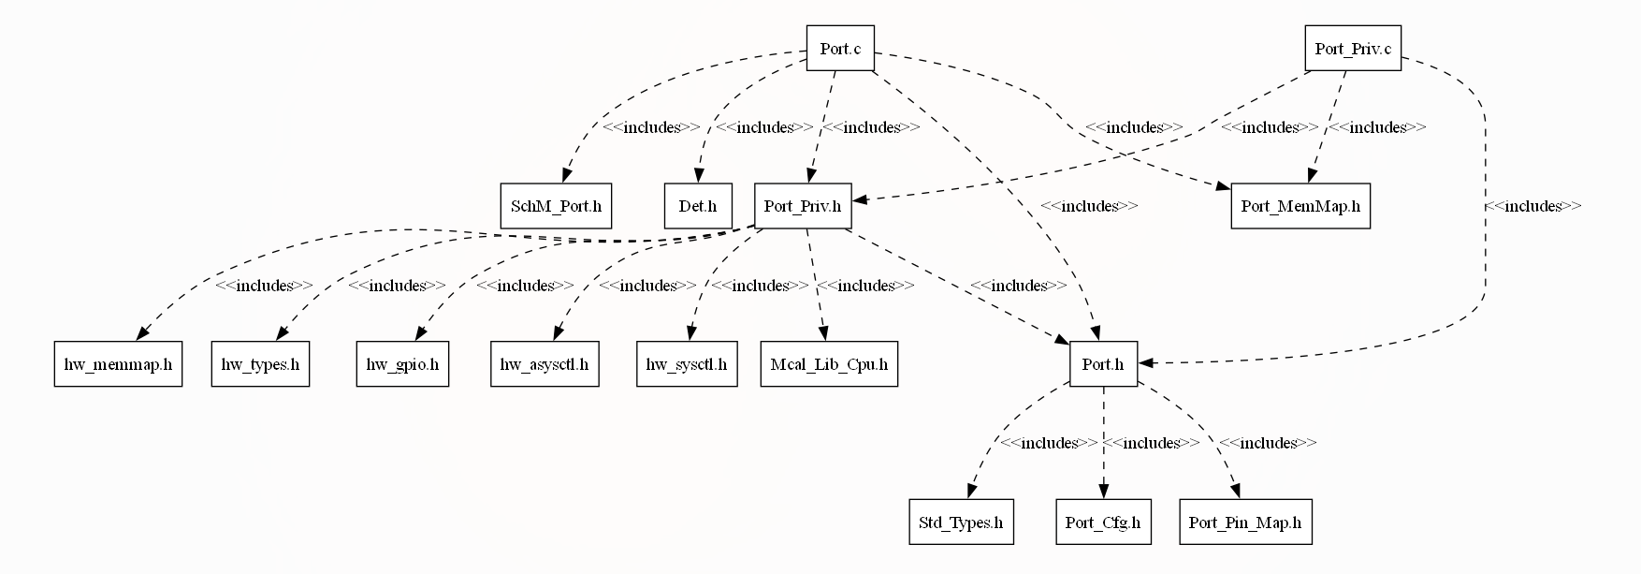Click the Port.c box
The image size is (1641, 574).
click(840, 49)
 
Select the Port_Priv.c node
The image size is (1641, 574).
click(1352, 49)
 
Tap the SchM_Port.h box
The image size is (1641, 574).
click(556, 206)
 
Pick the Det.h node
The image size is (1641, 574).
click(698, 206)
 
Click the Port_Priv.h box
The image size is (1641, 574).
click(803, 206)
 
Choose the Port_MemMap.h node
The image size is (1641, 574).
click(1300, 206)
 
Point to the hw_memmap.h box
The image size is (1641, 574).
click(118, 364)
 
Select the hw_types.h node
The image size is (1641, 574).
click(260, 364)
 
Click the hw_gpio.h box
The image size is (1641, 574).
click(402, 364)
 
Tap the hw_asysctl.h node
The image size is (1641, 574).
click(545, 364)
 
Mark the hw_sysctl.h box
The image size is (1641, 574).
click(687, 364)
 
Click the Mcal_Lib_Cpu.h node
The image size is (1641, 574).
click(829, 364)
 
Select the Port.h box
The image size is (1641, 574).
click(1103, 364)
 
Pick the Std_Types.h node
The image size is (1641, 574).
click(960, 522)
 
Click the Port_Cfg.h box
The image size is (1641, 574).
click(1103, 522)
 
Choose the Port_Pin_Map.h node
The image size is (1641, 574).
click(1244, 522)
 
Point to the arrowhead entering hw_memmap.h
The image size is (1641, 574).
click(142, 334)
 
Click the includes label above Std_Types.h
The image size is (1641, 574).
click(1048, 443)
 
